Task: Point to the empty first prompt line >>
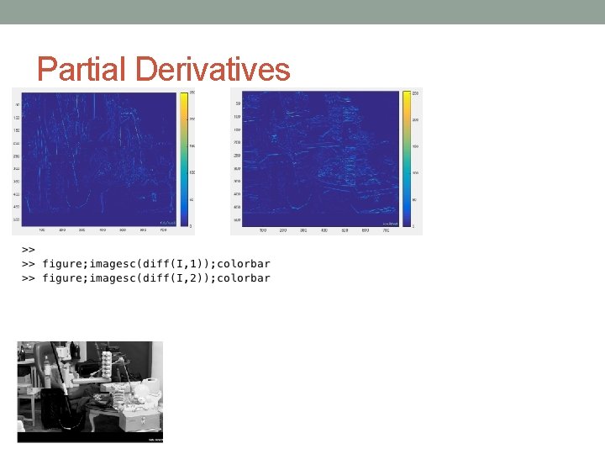(28, 250)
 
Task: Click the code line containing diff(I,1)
(156, 264)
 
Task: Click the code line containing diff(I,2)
(156, 278)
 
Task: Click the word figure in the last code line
(64, 278)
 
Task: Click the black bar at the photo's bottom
(90, 437)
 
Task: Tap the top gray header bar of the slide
(302, 12)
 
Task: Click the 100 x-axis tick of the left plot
(42, 230)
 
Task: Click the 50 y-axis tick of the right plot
(238, 103)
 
